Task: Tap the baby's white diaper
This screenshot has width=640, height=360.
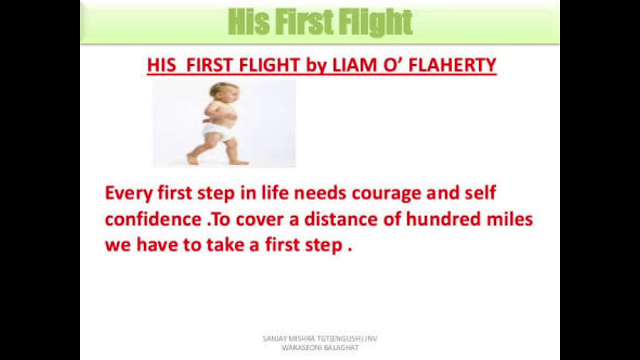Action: (x=218, y=131)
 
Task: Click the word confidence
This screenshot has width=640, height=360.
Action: (x=153, y=219)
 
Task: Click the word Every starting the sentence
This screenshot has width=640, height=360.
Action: (x=128, y=193)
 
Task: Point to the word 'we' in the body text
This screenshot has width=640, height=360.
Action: (x=118, y=245)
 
